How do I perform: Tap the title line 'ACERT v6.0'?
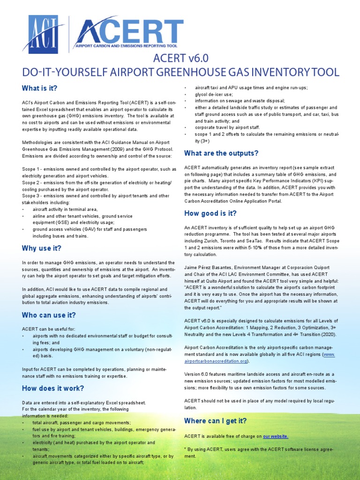(x=180, y=59)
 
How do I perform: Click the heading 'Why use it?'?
(x=42, y=248)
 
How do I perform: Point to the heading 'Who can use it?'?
(x=49, y=315)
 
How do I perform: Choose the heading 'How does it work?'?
(x=53, y=388)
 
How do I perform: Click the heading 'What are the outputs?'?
(x=221, y=153)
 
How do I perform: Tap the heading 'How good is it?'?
(x=210, y=213)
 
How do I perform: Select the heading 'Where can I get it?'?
(x=215, y=420)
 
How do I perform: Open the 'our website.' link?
(x=276, y=436)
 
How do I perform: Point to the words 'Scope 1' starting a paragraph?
(x=31, y=169)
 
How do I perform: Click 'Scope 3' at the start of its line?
(x=31, y=196)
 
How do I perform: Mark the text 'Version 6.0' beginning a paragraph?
(x=197, y=375)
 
